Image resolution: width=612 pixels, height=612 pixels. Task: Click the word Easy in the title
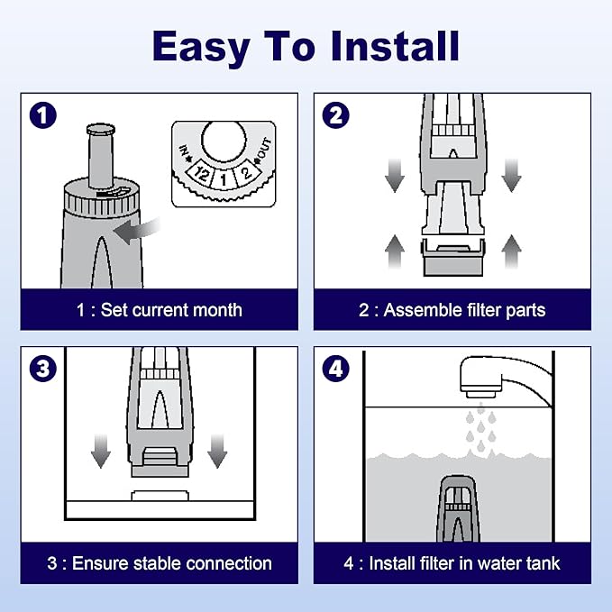click(201, 47)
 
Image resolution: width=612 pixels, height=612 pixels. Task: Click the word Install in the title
click(395, 46)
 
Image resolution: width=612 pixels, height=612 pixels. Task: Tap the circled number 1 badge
click(43, 115)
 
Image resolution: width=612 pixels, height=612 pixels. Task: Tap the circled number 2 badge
click(335, 115)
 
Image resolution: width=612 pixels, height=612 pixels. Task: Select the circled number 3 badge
click(43, 369)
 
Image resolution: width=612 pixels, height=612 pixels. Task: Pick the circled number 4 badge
click(335, 369)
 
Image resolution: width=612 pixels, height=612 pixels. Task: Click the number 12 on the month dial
click(201, 174)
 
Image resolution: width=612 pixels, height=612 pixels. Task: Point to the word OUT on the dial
click(264, 149)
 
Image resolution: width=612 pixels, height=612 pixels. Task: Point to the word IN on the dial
click(184, 151)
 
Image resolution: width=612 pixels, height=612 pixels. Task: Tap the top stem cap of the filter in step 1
click(101, 129)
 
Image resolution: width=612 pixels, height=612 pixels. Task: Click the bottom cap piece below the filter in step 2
click(453, 258)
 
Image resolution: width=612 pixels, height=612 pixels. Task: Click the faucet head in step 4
click(481, 377)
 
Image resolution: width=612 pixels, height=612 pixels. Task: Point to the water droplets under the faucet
click(481, 429)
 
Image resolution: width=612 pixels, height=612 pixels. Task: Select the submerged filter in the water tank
click(458, 508)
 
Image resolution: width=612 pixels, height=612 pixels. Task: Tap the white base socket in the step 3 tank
click(160, 496)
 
